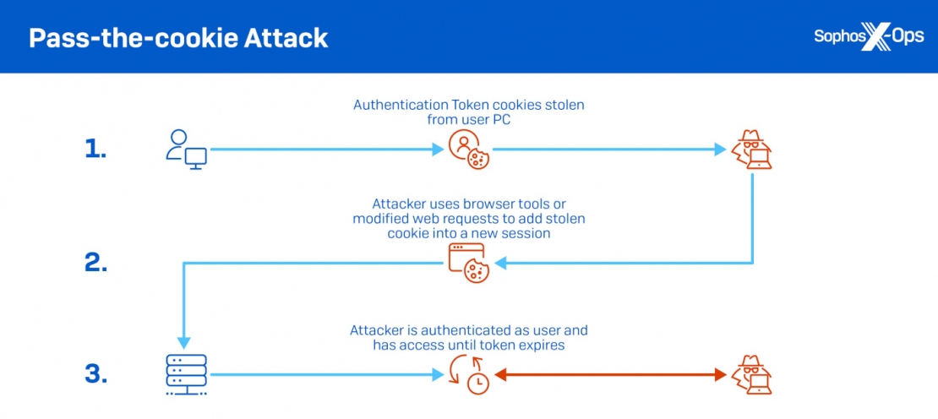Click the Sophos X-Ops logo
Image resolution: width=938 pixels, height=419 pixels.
pyautogui.click(x=868, y=37)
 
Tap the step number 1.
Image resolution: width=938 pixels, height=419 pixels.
pyautogui.click(x=95, y=150)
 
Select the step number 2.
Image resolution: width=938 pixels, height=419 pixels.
pyautogui.click(x=95, y=263)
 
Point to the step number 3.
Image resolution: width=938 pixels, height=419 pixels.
pyautogui.click(x=95, y=374)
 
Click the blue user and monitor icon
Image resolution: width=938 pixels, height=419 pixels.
pyautogui.click(x=186, y=150)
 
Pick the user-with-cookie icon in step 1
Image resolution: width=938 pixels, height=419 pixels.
pyautogui.click(x=468, y=150)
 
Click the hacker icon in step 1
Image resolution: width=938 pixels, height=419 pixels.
pyautogui.click(x=750, y=150)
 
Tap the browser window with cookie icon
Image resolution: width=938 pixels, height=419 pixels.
pyautogui.click(x=467, y=263)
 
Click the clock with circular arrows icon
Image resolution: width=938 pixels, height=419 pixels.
pyautogui.click(x=467, y=374)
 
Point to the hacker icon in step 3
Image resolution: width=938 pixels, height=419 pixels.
pyautogui.click(x=750, y=374)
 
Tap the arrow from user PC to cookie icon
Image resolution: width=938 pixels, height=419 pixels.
pyautogui.click(x=325, y=150)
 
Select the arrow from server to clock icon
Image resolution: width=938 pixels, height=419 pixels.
pyautogui.click(x=325, y=374)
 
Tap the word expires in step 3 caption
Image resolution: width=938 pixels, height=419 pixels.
pyautogui.click(x=542, y=345)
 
